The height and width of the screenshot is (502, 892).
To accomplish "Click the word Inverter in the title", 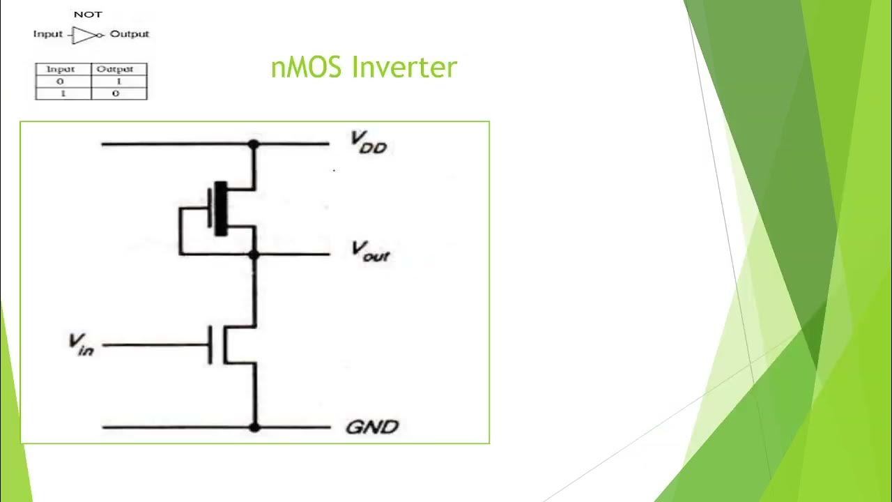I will [404, 68].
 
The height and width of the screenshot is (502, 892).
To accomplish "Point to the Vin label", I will [81, 344].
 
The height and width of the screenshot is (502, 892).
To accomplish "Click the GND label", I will [371, 427].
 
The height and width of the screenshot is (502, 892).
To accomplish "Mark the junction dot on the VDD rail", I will [254, 144].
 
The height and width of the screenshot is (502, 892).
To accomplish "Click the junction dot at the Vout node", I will [254, 255].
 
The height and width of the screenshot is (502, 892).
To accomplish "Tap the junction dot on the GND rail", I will [254, 427].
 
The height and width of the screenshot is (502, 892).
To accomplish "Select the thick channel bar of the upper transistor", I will [221, 208].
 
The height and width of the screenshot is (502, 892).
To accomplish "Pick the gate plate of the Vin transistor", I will [210, 344].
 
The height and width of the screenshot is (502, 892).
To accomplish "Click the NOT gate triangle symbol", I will [85, 35].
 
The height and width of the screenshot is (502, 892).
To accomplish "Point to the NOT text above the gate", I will [88, 15].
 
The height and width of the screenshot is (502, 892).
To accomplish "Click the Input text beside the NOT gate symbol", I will [48, 34].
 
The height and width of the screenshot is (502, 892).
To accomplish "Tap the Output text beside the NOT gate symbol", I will [130, 34].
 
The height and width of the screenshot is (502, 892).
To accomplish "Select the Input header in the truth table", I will [61, 69].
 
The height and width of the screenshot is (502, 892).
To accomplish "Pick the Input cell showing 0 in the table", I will [61, 82].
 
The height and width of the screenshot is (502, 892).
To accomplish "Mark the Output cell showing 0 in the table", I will [116, 93].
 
